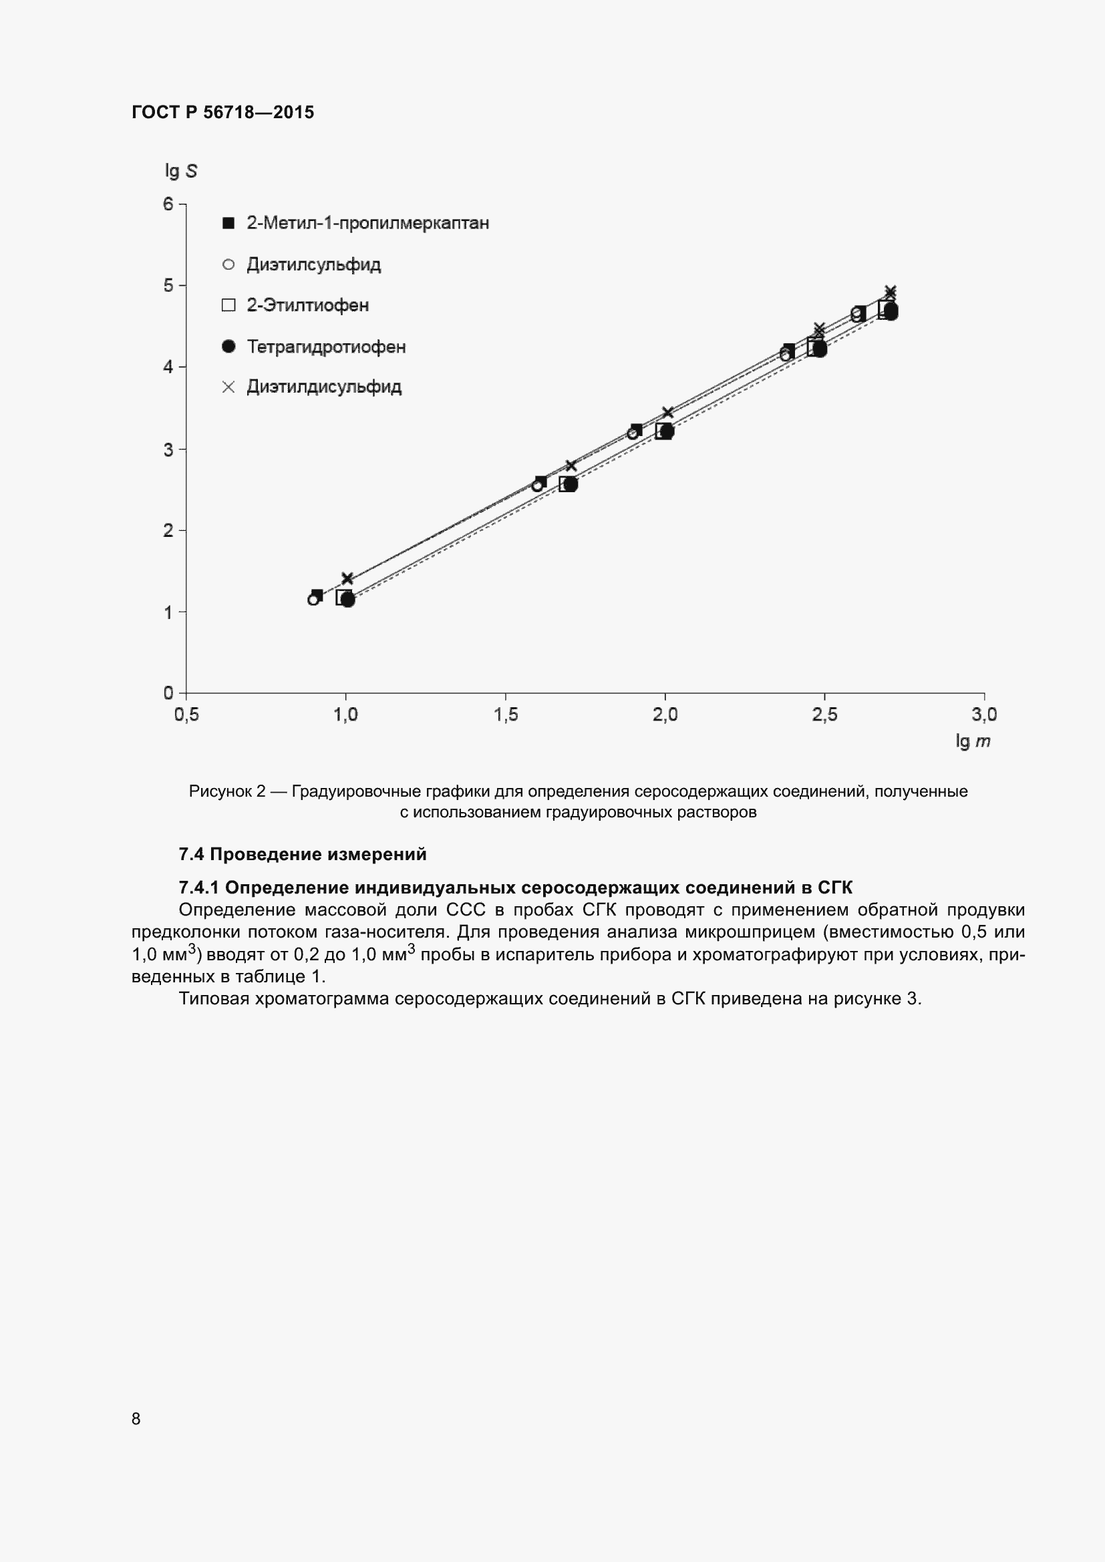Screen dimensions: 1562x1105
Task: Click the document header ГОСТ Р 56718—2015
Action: point(222,113)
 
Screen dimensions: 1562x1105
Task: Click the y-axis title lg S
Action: point(180,171)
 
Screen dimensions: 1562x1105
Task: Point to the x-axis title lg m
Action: point(972,741)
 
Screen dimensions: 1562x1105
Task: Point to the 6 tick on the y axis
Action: point(168,204)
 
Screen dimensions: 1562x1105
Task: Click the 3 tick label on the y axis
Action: point(168,449)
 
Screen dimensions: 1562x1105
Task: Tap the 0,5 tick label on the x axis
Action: point(186,715)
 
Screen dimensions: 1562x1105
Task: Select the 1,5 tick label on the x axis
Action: point(506,715)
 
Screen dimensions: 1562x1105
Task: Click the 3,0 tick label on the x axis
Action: point(984,715)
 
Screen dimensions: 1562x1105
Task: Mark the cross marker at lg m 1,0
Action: point(347,579)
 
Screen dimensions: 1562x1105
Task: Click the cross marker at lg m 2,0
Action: point(667,413)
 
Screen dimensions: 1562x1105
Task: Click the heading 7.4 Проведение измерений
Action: point(302,854)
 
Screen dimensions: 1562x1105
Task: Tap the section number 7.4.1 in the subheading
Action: point(198,887)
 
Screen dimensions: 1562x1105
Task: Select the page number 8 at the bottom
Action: point(136,1418)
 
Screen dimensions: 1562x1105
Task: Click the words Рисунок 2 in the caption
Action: point(226,791)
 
